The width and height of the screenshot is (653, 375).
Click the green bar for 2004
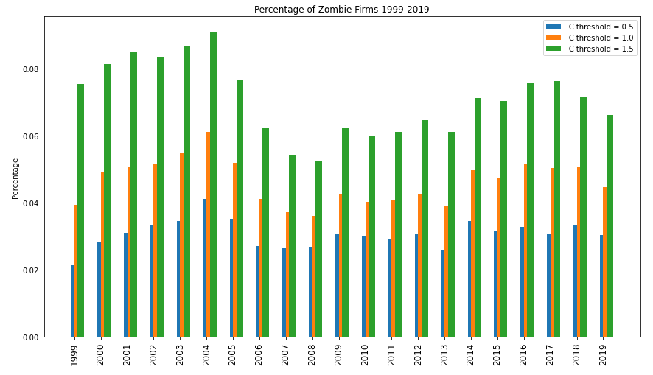(x=213, y=184)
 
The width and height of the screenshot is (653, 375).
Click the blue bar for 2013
(x=443, y=293)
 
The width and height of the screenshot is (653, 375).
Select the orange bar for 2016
(x=525, y=250)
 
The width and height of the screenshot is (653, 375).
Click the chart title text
(x=341, y=10)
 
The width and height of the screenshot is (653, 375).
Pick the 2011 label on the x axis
(x=391, y=354)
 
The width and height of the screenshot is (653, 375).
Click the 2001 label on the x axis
(x=127, y=354)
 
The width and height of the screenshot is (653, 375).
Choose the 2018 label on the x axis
(x=576, y=354)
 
